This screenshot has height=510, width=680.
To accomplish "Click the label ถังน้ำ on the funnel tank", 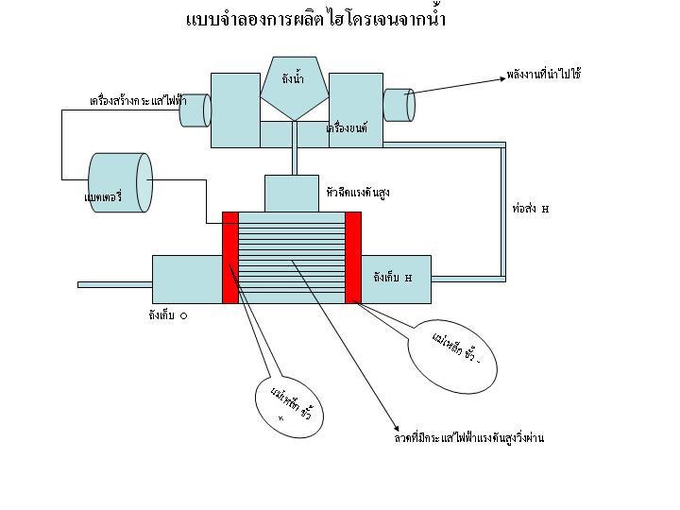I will [293, 79].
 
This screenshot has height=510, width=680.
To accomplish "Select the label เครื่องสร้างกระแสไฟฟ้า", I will [138, 98].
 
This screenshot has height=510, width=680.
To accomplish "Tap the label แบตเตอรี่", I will [98, 198].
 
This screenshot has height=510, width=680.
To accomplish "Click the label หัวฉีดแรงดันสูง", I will [357, 192].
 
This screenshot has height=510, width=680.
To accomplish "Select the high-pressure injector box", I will [291, 193].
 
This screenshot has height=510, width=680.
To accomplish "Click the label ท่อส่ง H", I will [530, 208].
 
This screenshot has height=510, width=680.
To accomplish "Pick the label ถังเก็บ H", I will [393, 278].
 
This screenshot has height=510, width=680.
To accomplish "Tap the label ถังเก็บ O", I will [167, 315].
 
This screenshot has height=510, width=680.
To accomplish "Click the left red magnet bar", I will [229, 257].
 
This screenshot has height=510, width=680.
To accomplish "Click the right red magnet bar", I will [353, 257].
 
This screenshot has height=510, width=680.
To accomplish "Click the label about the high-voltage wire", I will [469, 438].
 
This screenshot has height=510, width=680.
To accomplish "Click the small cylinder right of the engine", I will [399, 104].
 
